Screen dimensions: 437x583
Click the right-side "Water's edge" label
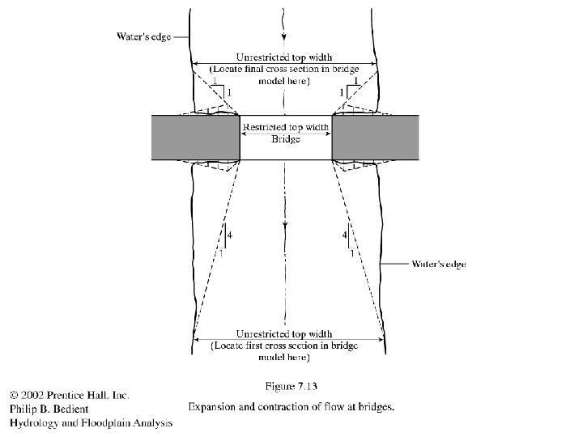point(439,264)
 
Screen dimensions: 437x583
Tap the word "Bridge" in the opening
point(286,139)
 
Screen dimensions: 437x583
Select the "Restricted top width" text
point(286,128)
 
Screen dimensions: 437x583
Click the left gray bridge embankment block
point(196,138)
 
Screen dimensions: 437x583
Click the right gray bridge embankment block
point(376,138)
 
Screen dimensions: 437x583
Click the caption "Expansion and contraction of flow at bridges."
point(291,407)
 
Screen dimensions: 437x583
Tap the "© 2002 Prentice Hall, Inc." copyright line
point(69,395)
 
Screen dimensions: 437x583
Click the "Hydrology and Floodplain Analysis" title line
point(91,422)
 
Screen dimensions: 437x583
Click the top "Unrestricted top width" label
point(283,58)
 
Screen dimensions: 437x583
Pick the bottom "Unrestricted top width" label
point(283,333)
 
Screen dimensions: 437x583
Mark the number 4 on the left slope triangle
point(230,235)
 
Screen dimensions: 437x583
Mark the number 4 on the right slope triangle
point(345,235)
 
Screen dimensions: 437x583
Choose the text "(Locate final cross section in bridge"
point(283,70)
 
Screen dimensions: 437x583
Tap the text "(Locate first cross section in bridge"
point(283,345)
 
